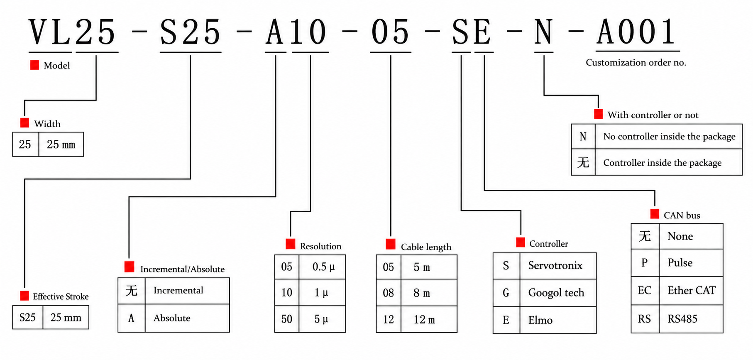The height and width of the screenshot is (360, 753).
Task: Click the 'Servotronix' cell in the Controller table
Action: (x=555, y=266)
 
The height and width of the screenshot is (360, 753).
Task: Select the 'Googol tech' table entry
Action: (x=556, y=293)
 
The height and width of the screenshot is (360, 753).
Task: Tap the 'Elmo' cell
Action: (x=540, y=320)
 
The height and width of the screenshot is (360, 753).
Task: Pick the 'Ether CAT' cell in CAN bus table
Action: (x=691, y=290)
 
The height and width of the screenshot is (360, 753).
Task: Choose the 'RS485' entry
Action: (x=682, y=319)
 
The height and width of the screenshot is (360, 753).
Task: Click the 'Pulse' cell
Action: (x=680, y=263)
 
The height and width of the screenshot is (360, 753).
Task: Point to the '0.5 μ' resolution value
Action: (x=323, y=267)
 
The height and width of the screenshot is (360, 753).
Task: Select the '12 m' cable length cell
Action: (x=424, y=320)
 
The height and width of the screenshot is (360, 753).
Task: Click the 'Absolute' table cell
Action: (x=172, y=318)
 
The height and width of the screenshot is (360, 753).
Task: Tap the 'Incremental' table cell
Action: (x=178, y=290)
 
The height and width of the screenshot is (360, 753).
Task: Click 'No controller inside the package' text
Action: (x=669, y=137)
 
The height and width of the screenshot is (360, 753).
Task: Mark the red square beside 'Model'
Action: (x=35, y=65)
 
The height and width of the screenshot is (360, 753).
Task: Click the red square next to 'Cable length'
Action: (x=390, y=244)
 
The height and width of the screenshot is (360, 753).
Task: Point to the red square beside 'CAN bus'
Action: (x=655, y=214)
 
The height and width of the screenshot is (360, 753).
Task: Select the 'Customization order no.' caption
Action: (x=636, y=63)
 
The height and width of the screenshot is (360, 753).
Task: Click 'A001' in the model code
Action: (x=636, y=32)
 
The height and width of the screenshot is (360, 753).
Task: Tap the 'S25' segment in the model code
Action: (x=190, y=32)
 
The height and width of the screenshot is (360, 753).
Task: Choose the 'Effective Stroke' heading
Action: (x=61, y=296)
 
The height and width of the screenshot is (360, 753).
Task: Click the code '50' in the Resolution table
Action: (x=286, y=319)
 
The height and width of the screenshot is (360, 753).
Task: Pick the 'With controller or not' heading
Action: (x=653, y=115)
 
